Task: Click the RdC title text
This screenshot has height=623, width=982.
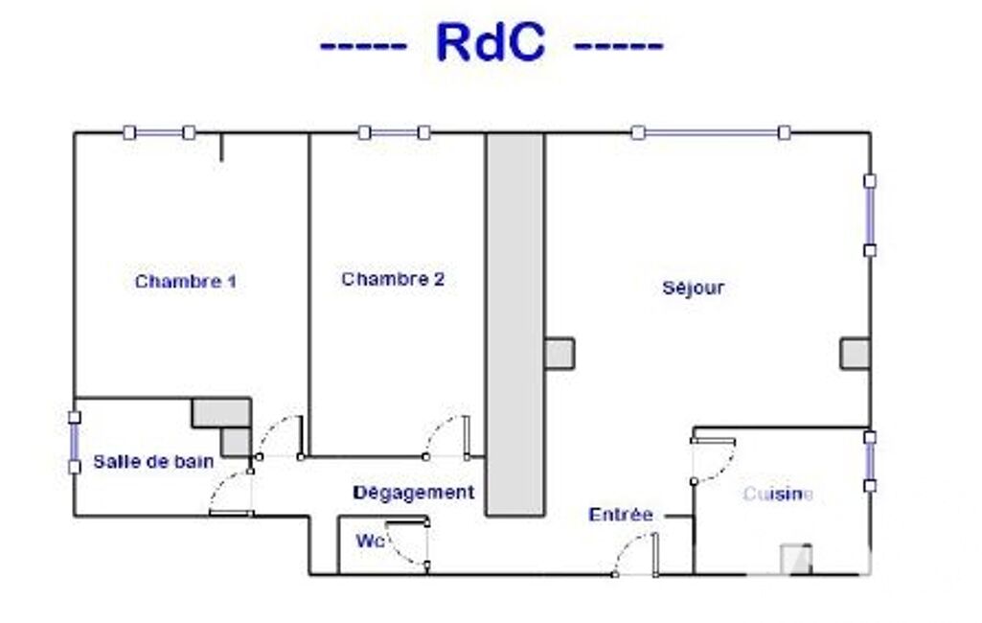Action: pos(491,43)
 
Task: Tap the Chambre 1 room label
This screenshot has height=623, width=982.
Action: pos(185,282)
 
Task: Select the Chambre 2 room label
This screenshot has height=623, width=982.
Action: pos(393,280)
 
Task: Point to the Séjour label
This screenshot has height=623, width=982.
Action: pos(693,288)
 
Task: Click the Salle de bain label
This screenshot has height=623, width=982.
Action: pos(153,461)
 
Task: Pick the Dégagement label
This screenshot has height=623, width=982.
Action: pos(414,493)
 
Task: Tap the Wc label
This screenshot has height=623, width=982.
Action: pos(371,542)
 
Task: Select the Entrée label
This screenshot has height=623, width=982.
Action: pos(621,515)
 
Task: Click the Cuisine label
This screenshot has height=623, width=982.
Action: pos(778,494)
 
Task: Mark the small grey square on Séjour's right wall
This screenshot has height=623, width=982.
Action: pos(855,354)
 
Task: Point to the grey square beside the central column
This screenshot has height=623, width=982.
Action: pos(560,353)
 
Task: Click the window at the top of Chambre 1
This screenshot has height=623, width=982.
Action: pos(159,133)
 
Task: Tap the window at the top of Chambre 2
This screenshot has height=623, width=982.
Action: pos(394,133)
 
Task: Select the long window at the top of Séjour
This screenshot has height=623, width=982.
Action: pos(711,133)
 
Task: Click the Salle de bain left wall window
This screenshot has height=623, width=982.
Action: pos(74,442)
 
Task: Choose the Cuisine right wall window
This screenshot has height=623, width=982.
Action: pos(869,461)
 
